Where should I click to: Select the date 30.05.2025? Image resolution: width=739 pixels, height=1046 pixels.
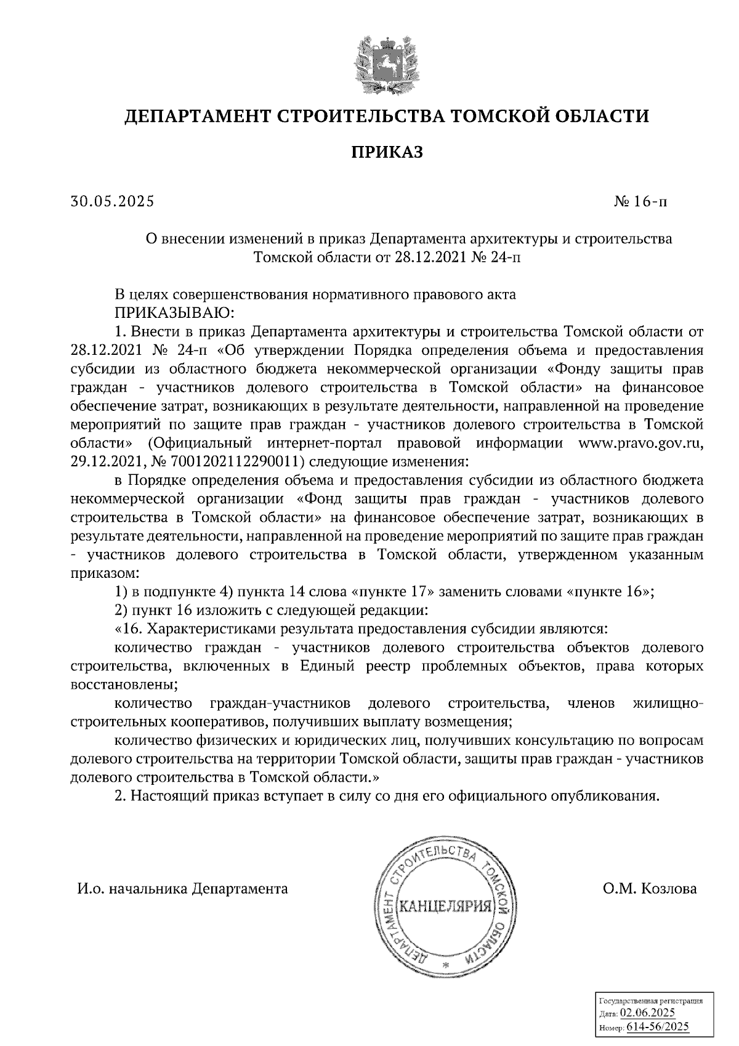[112, 201]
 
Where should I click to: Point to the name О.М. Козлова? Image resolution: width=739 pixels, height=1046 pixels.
[650, 888]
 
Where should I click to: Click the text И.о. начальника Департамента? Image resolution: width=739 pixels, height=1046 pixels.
[182, 888]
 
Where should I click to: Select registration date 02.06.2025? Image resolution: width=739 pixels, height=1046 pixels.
[648, 1013]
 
